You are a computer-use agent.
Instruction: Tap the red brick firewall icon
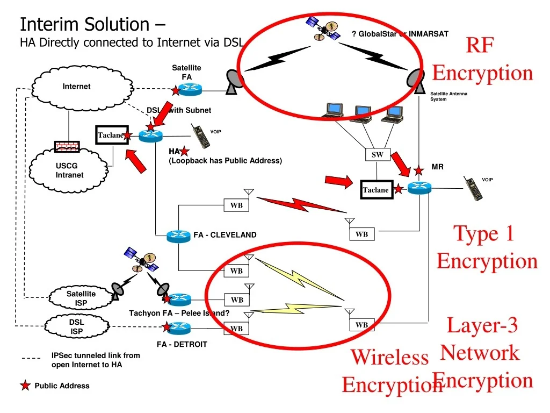click(67, 146)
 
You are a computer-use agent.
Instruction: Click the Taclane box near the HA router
click(111, 135)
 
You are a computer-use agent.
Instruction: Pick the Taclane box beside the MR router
click(375, 190)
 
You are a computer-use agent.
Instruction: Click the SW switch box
click(377, 155)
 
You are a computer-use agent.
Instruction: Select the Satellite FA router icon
click(190, 90)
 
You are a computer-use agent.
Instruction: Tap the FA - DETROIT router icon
click(179, 327)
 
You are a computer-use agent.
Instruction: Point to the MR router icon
click(419, 188)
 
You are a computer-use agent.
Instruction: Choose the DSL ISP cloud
click(76, 326)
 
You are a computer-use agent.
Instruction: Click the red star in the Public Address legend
click(25, 386)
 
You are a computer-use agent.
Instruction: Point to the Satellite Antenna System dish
click(417, 81)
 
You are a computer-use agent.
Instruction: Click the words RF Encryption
click(482, 59)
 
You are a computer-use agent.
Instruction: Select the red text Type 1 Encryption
click(486, 247)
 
